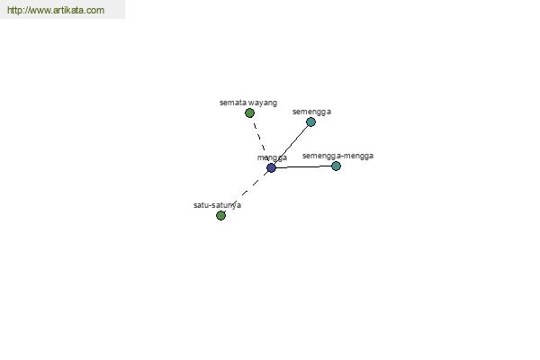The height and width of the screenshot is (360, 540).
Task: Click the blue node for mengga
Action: [272, 167]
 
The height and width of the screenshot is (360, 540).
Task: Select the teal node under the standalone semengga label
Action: [310, 121]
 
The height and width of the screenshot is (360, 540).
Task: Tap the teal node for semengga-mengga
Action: [336, 166]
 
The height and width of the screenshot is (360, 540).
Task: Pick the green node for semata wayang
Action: [249, 112]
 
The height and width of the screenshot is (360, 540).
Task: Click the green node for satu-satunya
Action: [220, 215]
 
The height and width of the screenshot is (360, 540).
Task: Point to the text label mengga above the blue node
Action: [272, 157]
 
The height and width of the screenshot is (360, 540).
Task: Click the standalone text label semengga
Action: [311, 112]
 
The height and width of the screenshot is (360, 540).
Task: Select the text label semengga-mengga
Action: [337, 156]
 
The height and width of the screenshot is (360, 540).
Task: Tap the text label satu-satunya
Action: [217, 205]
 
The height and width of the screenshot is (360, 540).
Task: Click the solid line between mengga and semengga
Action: [291, 145]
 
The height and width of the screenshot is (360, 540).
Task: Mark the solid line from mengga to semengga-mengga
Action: [304, 166]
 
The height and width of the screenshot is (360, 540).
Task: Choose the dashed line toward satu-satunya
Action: [246, 192]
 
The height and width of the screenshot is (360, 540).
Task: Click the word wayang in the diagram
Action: [263, 103]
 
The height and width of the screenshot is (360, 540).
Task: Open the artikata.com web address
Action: [56, 10]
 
